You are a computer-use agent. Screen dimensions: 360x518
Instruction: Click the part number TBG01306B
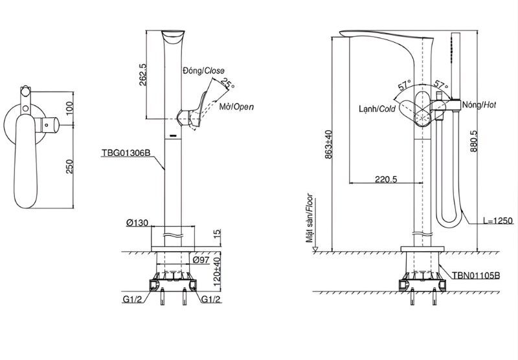pos(126,153)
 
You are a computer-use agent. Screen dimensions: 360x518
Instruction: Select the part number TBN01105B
pos(476,275)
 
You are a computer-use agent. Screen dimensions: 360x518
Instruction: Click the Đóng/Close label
pos(203,71)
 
